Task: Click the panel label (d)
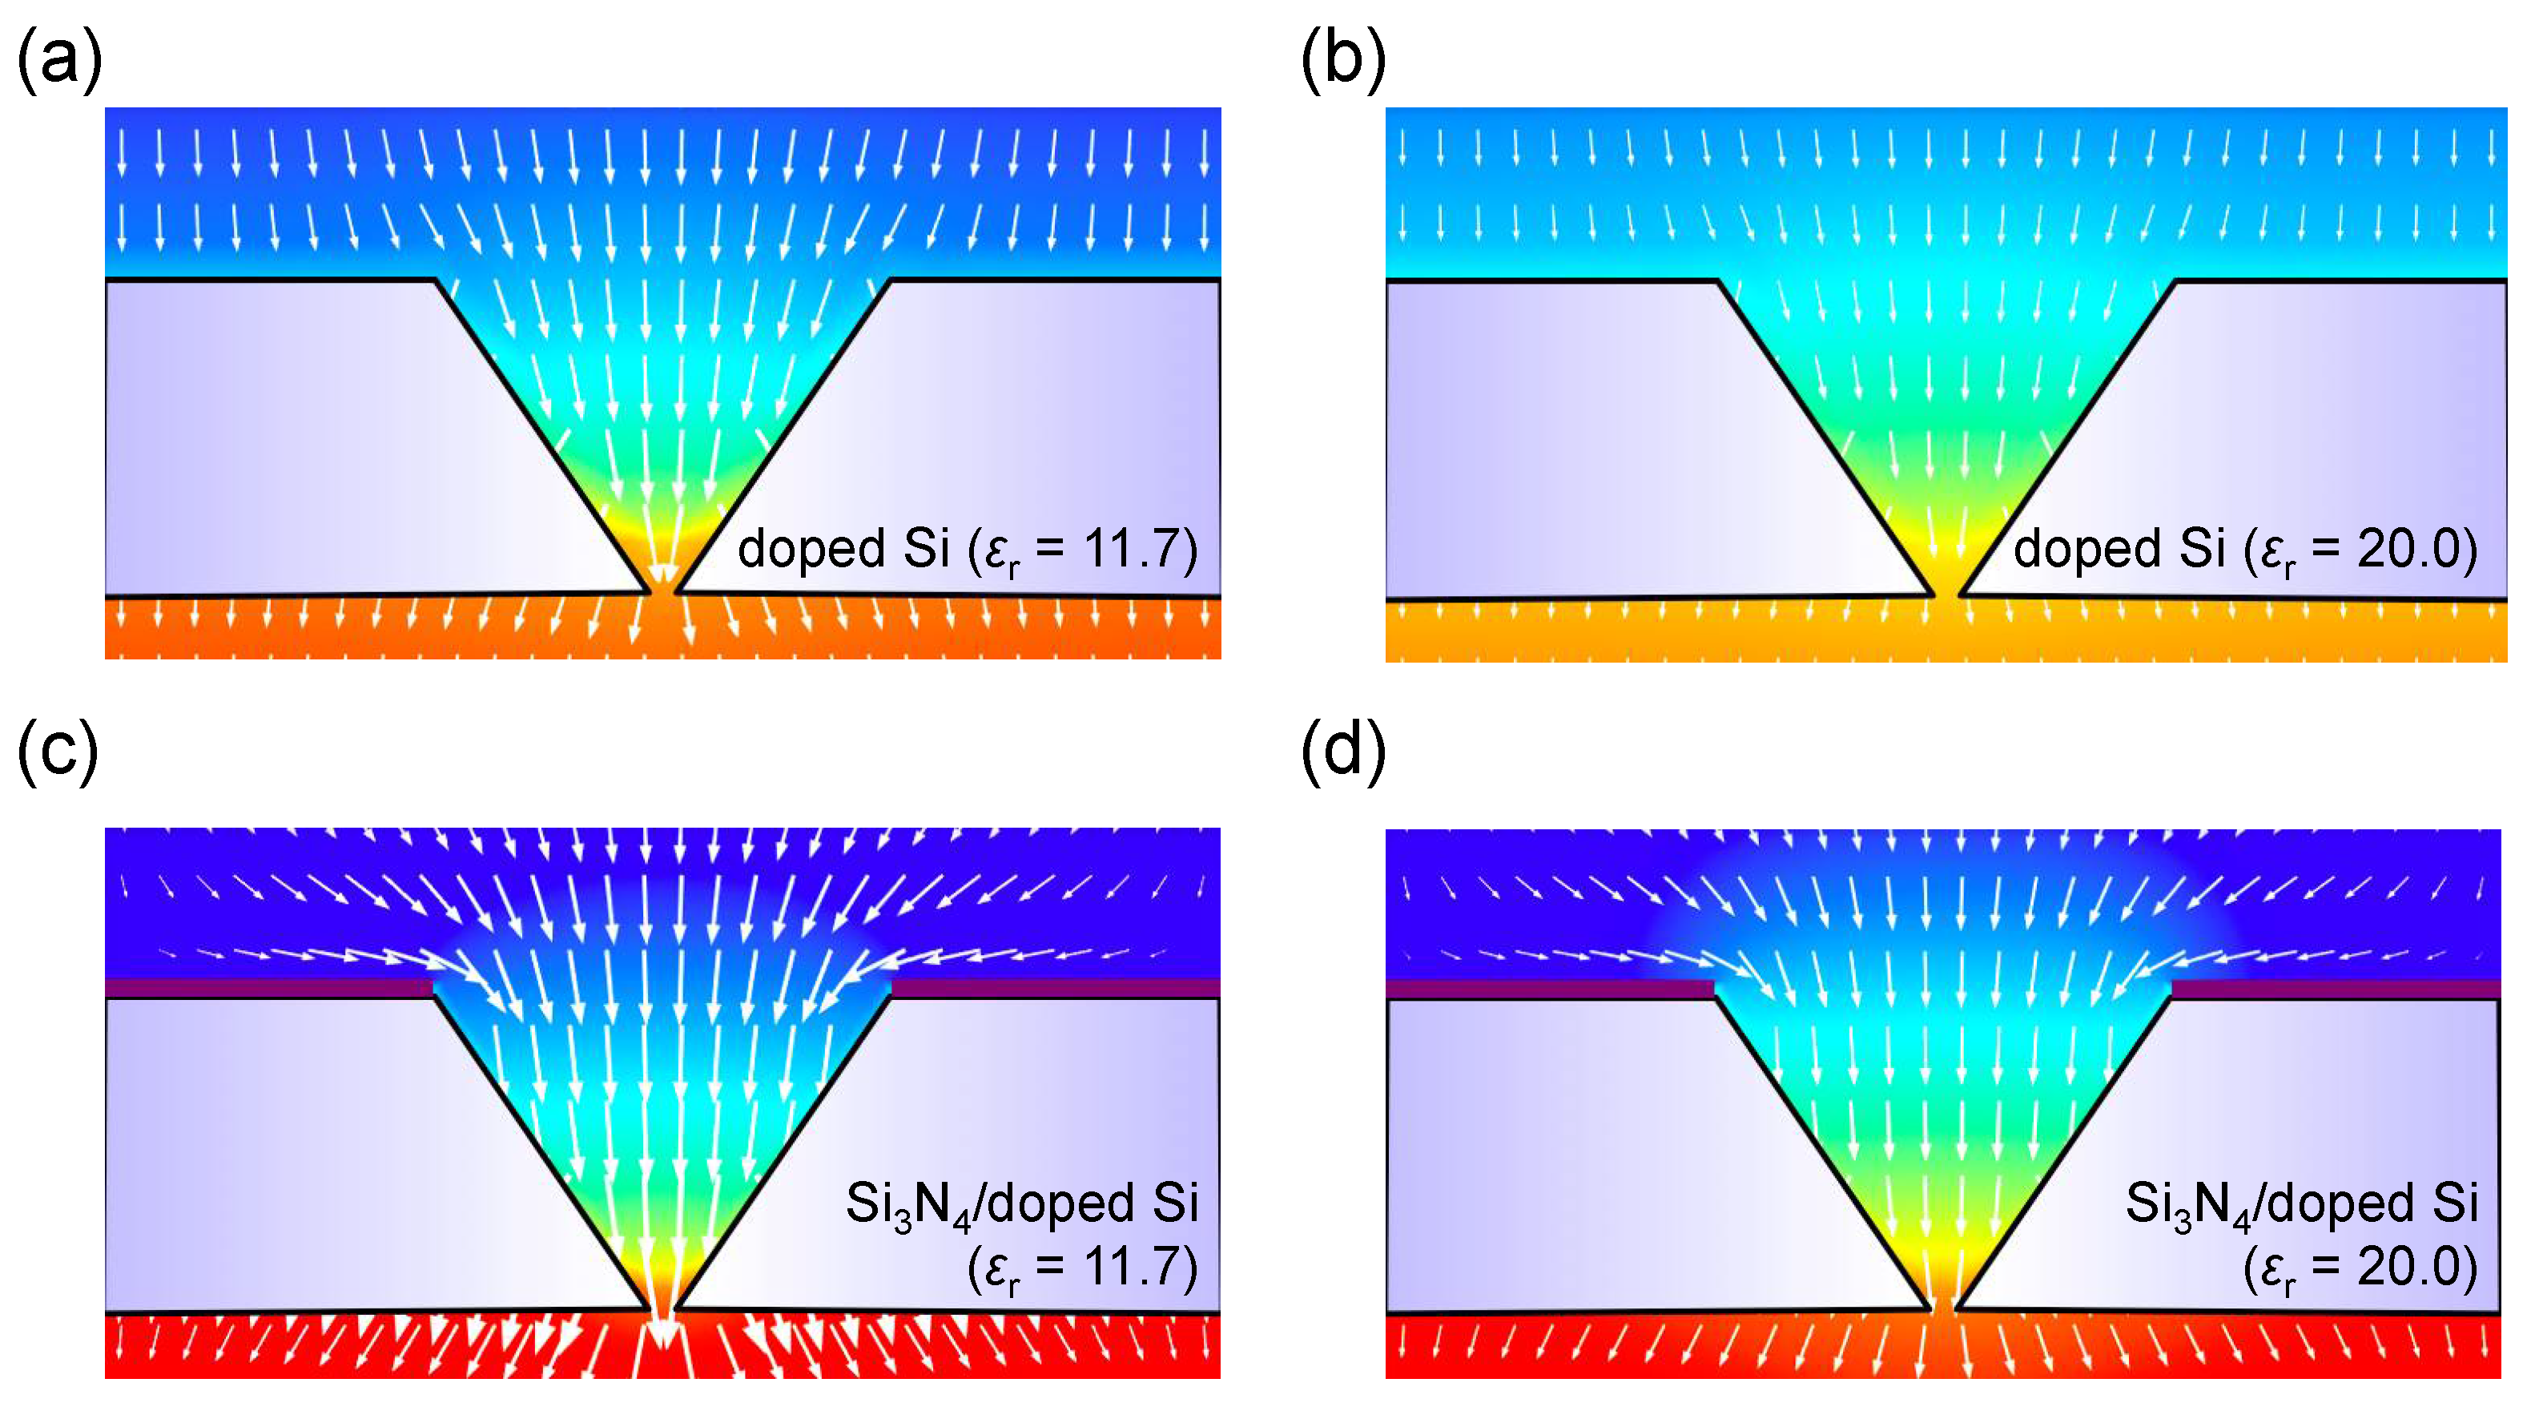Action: coord(1342,752)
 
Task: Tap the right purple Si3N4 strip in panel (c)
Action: coord(1056,988)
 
